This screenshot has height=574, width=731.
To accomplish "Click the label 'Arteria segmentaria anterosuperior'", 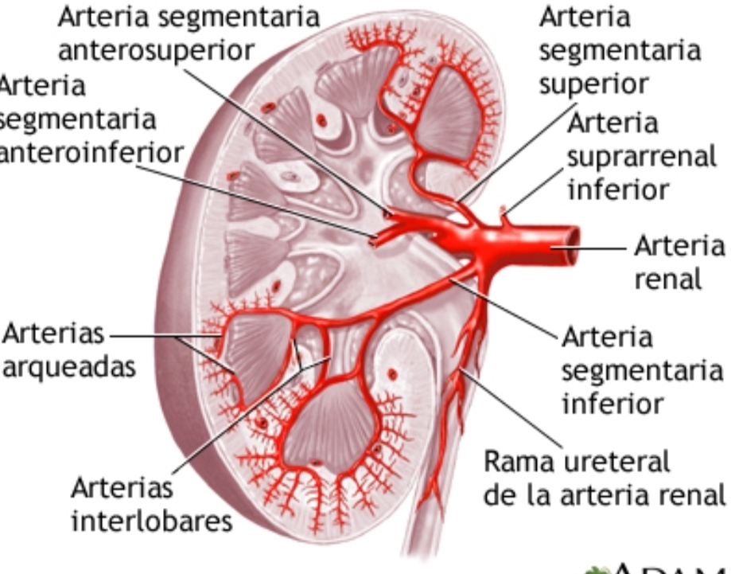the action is (189, 33).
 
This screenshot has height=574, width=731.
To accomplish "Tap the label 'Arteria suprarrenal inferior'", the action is (641, 157).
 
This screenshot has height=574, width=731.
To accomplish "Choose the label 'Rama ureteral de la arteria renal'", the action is (605, 478).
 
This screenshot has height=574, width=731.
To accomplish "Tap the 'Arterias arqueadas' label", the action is (67, 351).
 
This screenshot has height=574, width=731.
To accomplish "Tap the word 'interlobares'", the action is (151, 521).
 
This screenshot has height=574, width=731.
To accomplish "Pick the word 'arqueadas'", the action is (67, 369).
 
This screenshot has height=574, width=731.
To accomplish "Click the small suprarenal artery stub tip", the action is (503, 211).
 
